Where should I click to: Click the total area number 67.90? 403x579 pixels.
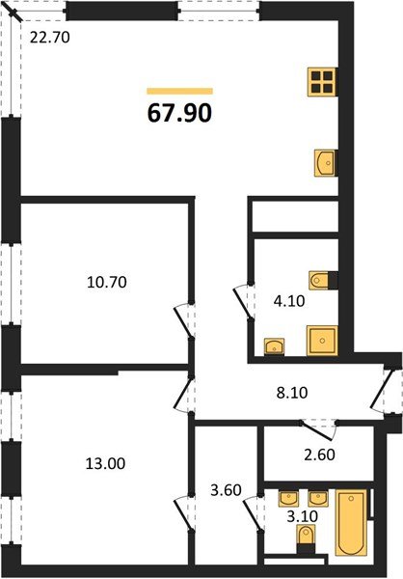click(x=179, y=112)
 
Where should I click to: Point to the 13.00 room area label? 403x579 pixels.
click(x=106, y=463)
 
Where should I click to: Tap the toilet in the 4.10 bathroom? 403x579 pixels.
click(x=322, y=281)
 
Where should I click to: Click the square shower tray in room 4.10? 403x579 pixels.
click(x=321, y=342)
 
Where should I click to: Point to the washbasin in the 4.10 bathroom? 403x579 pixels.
click(x=275, y=345)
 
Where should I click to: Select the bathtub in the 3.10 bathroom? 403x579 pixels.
click(x=350, y=524)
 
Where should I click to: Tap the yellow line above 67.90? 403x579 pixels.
click(x=179, y=91)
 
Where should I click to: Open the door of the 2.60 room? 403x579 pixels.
click(x=318, y=426)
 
